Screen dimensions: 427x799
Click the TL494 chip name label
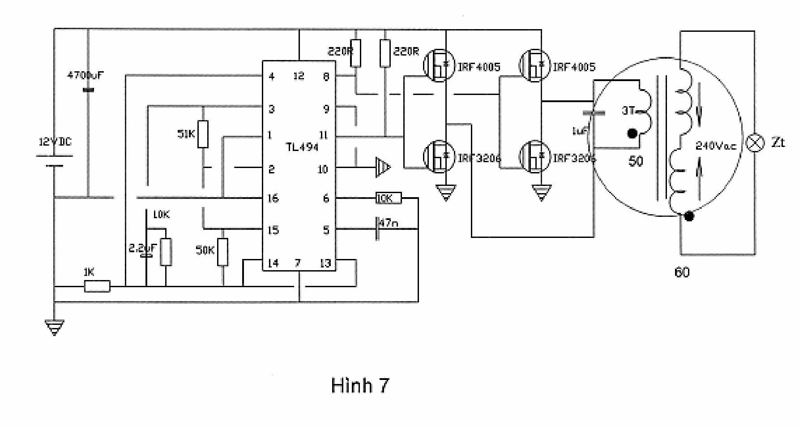302,147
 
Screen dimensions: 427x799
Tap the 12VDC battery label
55,142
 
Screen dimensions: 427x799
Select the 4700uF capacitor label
85,75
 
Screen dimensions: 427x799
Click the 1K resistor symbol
97,286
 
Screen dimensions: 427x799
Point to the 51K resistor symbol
203,134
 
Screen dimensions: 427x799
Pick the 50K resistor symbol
222,252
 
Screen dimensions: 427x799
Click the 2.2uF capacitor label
142,248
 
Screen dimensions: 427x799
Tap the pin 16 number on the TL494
273,198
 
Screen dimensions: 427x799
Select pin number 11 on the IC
323,135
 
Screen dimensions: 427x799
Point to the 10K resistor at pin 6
388,198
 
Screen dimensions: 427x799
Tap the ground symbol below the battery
54,327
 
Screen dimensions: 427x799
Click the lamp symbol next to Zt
755,143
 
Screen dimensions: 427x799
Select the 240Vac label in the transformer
715,146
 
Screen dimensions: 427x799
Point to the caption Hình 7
360,385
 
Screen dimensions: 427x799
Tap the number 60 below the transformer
682,272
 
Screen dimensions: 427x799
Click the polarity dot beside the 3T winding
632,134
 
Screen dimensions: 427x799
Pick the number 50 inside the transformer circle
636,161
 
